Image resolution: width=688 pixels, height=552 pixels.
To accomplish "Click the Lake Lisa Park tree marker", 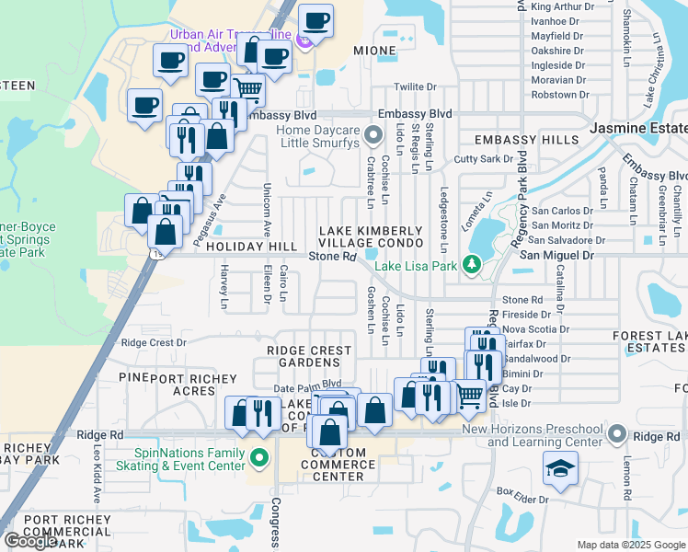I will click(x=473, y=265).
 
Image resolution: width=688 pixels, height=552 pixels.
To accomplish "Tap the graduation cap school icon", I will click(x=560, y=467).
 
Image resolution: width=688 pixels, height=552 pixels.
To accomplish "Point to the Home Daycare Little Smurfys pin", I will click(x=373, y=137).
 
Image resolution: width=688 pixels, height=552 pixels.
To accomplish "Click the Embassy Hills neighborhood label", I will click(x=527, y=140).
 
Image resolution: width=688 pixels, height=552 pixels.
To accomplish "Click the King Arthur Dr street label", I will click(x=563, y=6).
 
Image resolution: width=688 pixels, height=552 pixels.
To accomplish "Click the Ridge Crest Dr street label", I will click(x=154, y=342).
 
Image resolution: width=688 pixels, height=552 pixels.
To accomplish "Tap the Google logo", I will click(x=30, y=541).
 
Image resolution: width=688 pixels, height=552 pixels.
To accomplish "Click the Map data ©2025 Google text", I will click(x=631, y=545).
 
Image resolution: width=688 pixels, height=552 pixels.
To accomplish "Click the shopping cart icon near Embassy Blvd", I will click(x=247, y=89).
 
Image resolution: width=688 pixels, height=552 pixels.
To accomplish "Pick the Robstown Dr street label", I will click(x=560, y=95).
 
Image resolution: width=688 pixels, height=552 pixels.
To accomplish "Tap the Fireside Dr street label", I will click(x=526, y=315).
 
